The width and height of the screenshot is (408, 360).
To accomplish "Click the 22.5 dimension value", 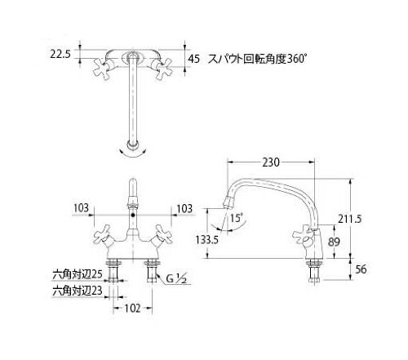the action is point(60,54).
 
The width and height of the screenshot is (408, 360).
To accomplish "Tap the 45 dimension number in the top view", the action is point(194,59).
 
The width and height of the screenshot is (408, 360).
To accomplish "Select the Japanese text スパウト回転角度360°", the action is point(257,59).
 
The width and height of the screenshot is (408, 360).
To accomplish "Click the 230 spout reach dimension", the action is point(271,162).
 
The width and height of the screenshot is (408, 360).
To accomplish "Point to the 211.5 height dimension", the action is point(350,218).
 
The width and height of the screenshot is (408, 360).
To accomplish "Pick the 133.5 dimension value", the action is point(207,239).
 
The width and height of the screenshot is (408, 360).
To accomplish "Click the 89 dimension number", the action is point(334,242).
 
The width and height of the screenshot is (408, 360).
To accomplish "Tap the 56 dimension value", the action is point(361,269).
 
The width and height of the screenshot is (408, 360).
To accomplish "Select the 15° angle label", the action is point(237,218).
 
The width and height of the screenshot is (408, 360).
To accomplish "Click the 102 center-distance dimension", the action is point(132,309).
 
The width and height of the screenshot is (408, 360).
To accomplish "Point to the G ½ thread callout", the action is point(176,278).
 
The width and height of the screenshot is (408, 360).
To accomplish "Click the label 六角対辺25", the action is point(78,274).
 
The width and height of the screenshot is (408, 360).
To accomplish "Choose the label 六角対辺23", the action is point(78,291).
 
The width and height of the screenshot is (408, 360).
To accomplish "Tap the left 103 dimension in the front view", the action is point(82,208).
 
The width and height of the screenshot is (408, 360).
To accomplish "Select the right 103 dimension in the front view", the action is point(184,209).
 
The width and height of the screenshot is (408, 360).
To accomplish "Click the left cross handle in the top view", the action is point(102,69).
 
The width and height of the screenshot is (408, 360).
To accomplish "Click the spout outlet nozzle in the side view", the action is point(228,202).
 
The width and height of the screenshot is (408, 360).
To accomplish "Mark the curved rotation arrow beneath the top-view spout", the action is point(133,155).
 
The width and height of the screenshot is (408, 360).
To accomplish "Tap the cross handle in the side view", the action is point(304,237).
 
